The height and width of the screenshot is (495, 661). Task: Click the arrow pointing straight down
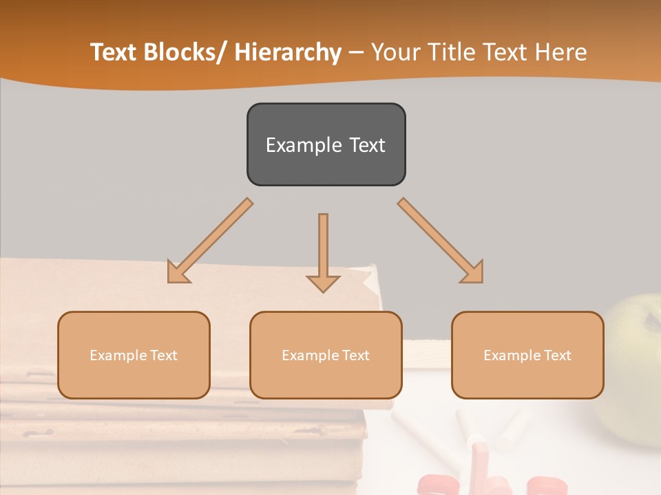[x=323, y=251]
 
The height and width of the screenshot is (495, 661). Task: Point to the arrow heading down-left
[x=210, y=241]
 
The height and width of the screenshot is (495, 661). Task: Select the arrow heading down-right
[x=441, y=241]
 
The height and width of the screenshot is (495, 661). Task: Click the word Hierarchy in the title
[x=288, y=53]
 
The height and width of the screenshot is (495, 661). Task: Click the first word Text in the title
[x=115, y=53]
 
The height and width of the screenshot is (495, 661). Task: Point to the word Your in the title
[x=395, y=53]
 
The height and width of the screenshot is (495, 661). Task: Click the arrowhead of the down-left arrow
[x=177, y=273]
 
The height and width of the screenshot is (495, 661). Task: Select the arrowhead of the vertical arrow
[x=323, y=283]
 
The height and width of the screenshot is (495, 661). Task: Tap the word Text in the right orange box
[x=557, y=355]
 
